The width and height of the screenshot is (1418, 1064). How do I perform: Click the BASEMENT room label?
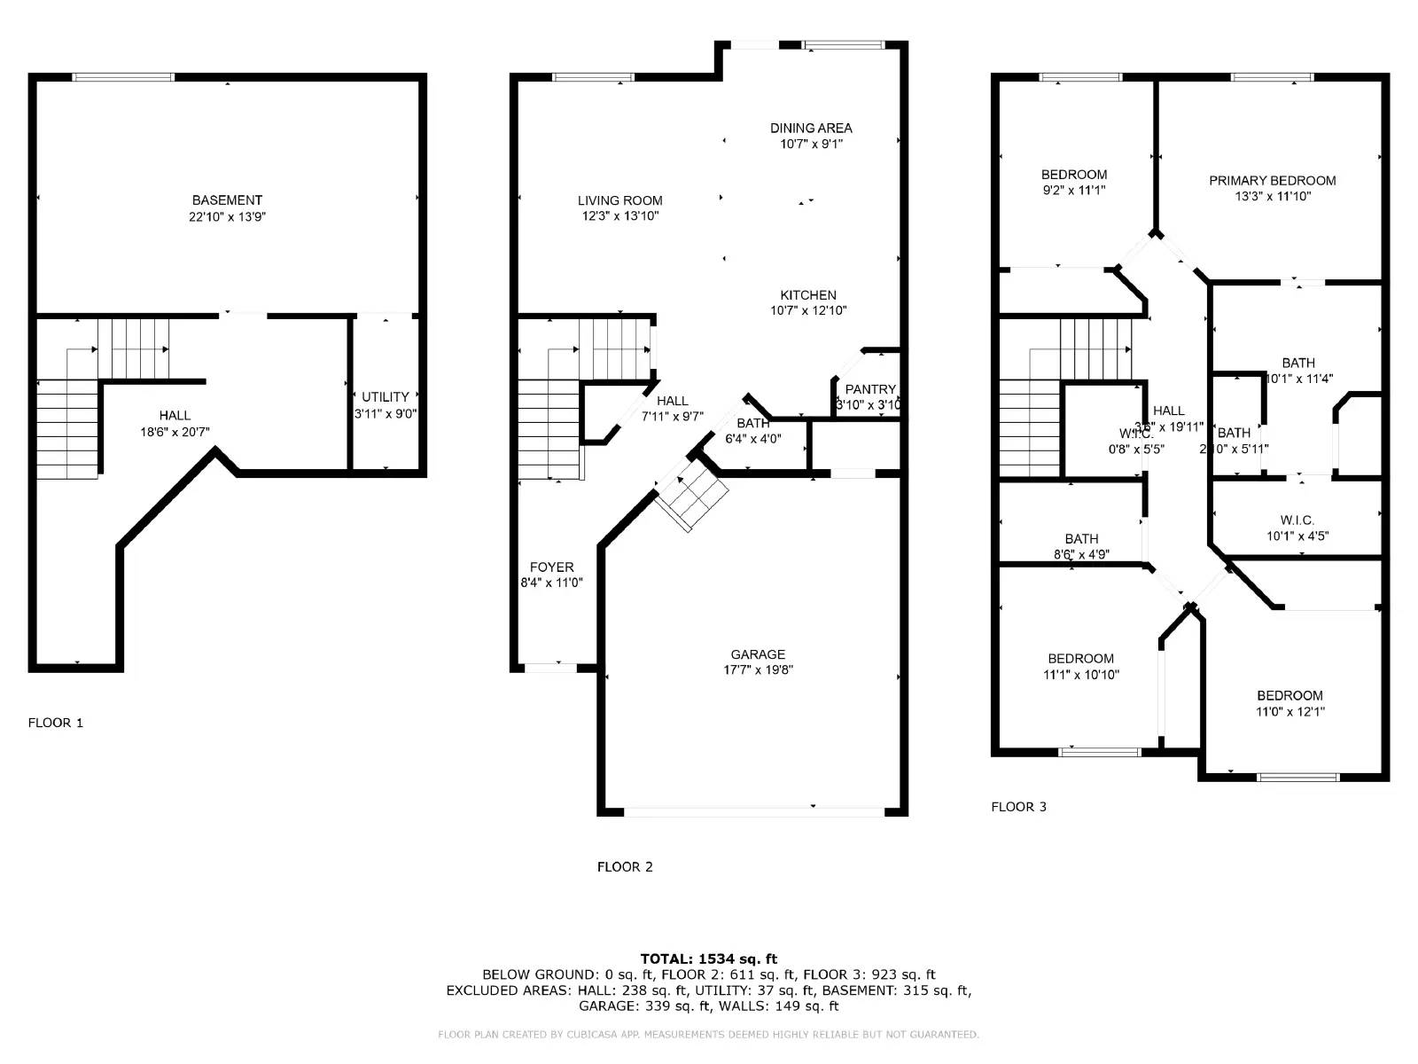coord(227,200)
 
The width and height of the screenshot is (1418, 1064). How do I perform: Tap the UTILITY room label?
coord(385,397)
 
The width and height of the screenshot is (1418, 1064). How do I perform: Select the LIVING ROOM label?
coord(619,200)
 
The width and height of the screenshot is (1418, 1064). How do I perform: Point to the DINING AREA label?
coord(810,128)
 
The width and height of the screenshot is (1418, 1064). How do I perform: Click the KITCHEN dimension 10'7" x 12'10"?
coord(808,310)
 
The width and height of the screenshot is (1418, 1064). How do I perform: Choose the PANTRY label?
coord(869,389)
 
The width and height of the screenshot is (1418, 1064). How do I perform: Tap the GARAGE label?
coord(758,654)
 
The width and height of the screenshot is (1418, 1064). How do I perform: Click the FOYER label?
coord(551,567)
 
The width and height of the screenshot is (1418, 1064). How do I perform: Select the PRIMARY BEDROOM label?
coord(1272,181)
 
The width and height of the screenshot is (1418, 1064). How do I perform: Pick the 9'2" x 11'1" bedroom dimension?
coord(1073,190)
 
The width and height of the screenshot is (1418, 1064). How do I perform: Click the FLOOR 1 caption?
coord(55,723)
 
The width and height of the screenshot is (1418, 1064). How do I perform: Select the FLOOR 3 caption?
coord(1018,807)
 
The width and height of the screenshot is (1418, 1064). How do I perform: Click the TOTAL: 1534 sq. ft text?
coord(708,958)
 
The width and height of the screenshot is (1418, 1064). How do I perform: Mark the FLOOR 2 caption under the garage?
coord(625,867)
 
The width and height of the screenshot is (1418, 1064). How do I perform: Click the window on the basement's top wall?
coord(123,77)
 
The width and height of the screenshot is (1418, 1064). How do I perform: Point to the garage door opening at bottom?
coord(753,810)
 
